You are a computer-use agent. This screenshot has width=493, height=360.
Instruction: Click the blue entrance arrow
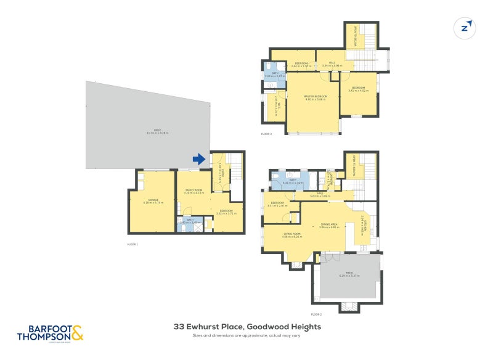[x=198, y=159]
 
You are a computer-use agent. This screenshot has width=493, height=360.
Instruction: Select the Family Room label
[x=194, y=191]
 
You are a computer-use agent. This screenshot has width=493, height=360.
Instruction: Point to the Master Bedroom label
[x=315, y=96]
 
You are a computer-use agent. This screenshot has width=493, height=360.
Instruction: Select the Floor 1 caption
[x=132, y=244]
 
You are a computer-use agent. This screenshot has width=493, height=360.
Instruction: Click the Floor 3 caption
[x=266, y=134]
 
